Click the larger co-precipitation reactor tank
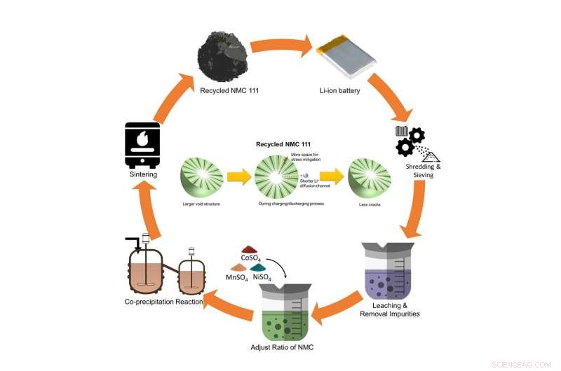[145, 270]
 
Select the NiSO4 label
[264, 278]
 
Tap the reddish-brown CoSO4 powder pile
[251, 249]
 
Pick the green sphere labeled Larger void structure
[202, 178]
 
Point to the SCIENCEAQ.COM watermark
[527, 364]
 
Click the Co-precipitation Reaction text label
[164, 302]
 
